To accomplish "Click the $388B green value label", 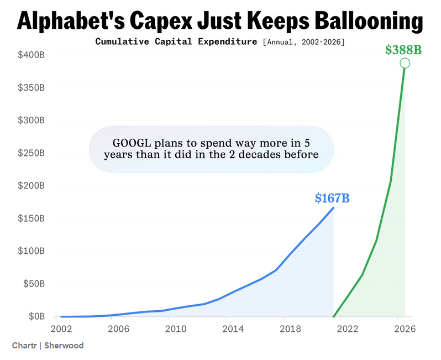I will (x=403, y=50).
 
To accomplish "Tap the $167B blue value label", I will (x=332, y=197).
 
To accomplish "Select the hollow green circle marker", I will (x=405, y=63).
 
